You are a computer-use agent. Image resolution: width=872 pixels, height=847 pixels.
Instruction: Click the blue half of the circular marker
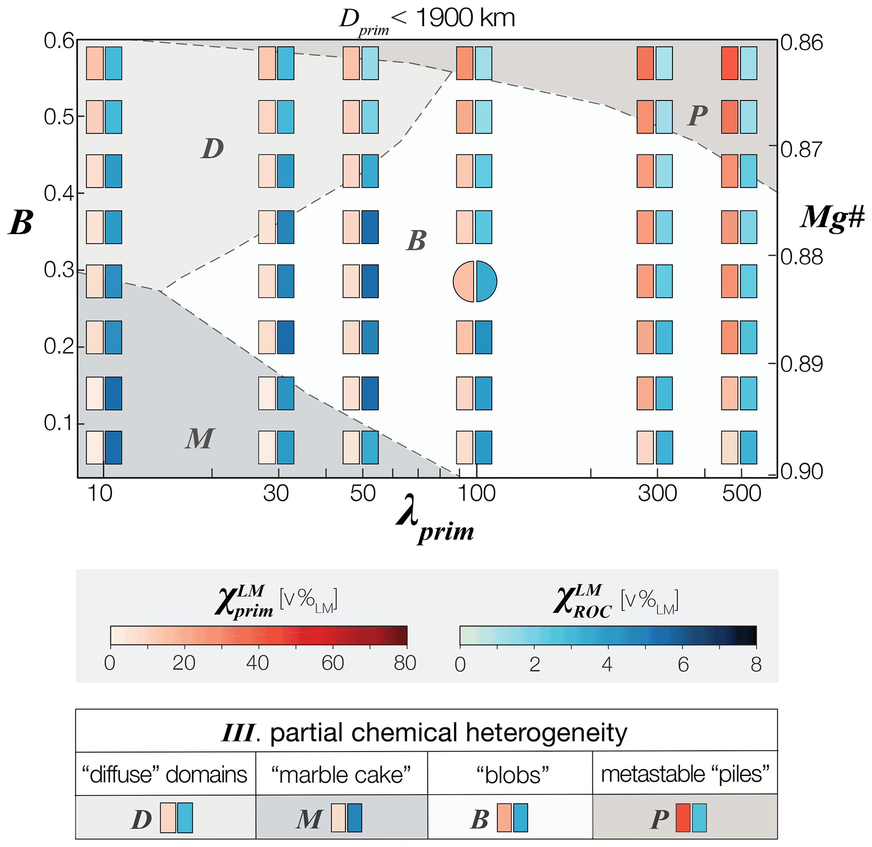pyautogui.click(x=486, y=281)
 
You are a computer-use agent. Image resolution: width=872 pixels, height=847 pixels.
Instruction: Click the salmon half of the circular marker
pyautogui.click(x=464, y=281)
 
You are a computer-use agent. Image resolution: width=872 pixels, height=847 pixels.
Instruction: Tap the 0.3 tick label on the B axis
pyautogui.click(x=59, y=270)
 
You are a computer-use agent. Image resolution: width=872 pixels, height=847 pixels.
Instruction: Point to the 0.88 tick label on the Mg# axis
pyautogui.click(x=801, y=257)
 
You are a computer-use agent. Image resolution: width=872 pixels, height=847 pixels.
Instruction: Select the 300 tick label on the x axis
pyautogui.click(x=657, y=494)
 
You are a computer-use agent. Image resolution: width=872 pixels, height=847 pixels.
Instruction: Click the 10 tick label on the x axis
pyautogui.click(x=100, y=494)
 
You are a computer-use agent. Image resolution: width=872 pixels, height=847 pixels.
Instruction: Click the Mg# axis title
pyautogui.click(x=832, y=218)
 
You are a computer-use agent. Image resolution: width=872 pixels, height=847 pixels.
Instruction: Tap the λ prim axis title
pyautogui.click(x=435, y=520)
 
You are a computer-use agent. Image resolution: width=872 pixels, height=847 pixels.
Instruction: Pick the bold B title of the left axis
pyautogui.click(x=21, y=222)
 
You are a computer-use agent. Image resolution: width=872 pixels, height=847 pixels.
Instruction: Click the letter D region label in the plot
pyautogui.click(x=212, y=149)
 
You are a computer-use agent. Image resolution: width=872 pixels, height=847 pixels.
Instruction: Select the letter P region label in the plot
pyautogui.click(x=697, y=116)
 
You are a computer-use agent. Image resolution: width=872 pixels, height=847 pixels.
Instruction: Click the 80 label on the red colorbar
pyautogui.click(x=405, y=663)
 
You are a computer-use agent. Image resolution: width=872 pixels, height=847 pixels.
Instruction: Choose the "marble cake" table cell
pyautogui.click(x=341, y=775)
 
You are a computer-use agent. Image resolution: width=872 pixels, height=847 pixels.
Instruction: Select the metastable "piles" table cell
pyautogui.click(x=685, y=774)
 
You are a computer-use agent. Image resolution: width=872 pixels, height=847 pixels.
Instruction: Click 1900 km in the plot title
pyautogui.click(x=465, y=19)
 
